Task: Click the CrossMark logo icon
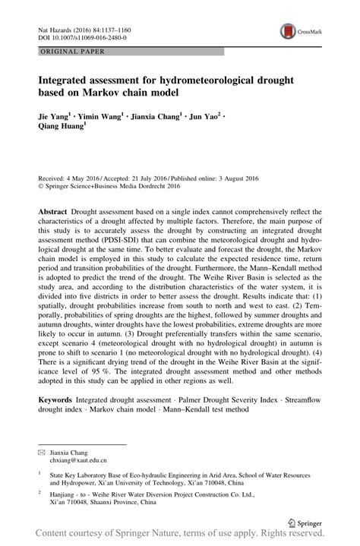tap(289, 31)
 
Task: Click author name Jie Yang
tap(52, 118)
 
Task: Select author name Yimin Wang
tap(104, 118)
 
